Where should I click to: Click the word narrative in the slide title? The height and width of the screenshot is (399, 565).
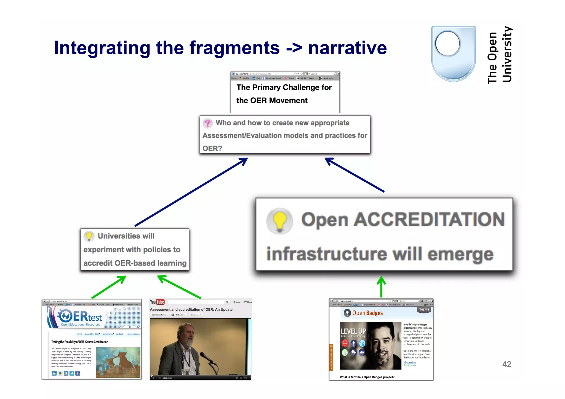click(x=347, y=48)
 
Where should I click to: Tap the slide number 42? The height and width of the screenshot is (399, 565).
click(x=507, y=364)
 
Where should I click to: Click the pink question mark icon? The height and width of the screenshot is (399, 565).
click(x=208, y=123)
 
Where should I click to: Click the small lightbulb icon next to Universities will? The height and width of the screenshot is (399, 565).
click(x=89, y=236)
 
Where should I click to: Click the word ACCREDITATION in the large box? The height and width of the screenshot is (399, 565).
click(x=429, y=219)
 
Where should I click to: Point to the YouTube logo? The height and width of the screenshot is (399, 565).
click(x=157, y=302)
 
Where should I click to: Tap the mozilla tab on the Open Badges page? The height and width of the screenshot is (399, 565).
click(x=423, y=309)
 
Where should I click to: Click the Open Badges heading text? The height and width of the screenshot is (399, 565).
click(x=367, y=313)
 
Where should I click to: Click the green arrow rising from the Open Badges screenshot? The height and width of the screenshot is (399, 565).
click(x=381, y=287)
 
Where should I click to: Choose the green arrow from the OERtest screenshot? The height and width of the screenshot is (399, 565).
click(x=109, y=287)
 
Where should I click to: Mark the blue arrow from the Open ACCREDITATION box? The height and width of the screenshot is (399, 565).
click(x=355, y=175)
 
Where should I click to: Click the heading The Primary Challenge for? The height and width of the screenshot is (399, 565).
click(x=284, y=87)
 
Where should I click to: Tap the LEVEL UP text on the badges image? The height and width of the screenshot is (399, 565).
click(x=353, y=331)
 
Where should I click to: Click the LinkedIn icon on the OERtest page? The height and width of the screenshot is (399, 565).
click(x=54, y=373)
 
